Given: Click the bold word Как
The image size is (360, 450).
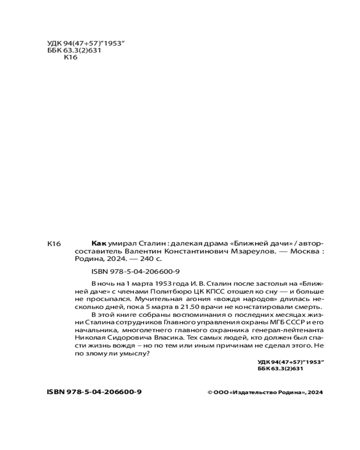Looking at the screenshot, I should point(99,243).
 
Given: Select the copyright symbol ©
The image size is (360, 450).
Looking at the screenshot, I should point(210,392).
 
